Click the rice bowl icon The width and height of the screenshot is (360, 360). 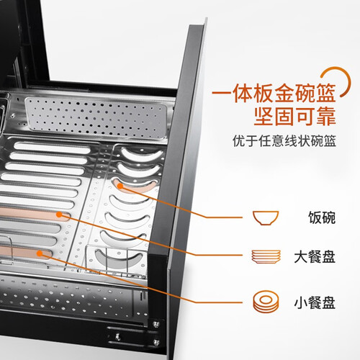265,218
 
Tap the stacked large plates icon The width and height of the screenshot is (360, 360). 266,256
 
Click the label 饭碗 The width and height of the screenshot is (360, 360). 322,218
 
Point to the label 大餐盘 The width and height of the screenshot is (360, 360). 315,257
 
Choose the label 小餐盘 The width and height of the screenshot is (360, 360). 315,302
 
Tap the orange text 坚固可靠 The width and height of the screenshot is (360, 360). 294,117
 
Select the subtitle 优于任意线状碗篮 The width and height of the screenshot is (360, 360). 284,140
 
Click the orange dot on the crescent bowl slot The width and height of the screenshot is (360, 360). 120,186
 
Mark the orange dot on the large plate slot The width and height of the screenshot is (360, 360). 59,215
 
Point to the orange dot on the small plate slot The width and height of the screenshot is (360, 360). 40,253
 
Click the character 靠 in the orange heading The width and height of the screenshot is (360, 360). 325,117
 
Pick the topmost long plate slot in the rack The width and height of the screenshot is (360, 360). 52,147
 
